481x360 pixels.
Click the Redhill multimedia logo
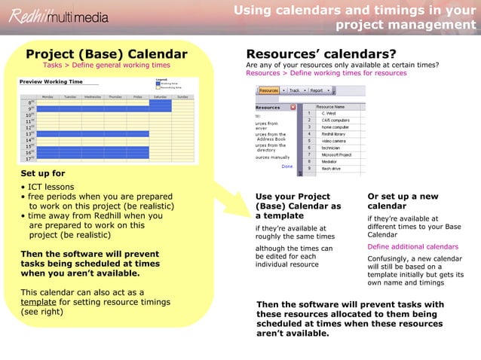60,16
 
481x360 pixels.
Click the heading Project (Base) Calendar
106,54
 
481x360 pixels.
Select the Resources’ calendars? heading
321,54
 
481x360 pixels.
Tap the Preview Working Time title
51,81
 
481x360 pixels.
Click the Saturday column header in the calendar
160,96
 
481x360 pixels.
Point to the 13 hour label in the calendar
29,133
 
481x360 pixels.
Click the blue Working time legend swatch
159,83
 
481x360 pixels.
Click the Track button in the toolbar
294,90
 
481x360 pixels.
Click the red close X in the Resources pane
293,107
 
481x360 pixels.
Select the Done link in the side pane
286,166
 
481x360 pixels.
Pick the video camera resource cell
332,141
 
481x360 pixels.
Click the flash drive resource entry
330,168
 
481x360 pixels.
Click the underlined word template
37,302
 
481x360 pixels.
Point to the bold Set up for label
42,172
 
